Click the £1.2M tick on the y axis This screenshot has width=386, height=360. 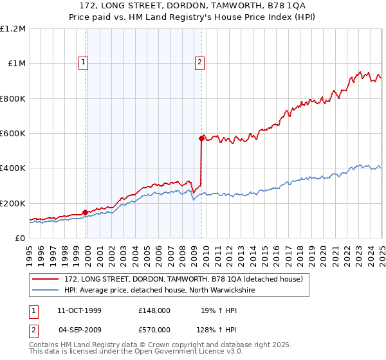click(x=13, y=28)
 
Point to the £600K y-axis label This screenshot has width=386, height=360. click(x=13, y=133)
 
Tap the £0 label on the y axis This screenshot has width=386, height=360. click(x=20, y=238)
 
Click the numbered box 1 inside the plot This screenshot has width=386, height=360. click(x=84, y=62)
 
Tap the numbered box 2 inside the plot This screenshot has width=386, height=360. click(x=200, y=62)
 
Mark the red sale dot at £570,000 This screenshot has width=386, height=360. click(x=201, y=138)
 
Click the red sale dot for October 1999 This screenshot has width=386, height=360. click(x=86, y=212)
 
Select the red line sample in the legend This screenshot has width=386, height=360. click(x=46, y=279)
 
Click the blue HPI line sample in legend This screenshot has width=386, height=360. click(x=46, y=290)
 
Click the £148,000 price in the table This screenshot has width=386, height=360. click(x=154, y=310)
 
